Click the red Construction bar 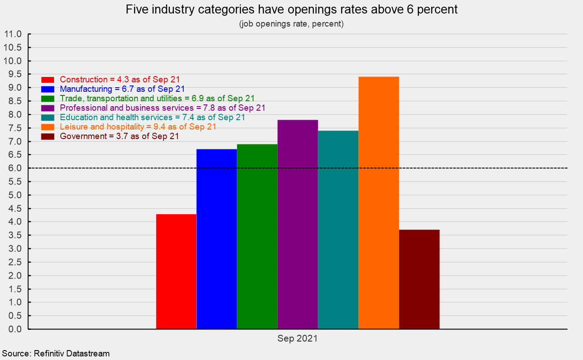click(176, 271)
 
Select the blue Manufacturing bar click(217, 239)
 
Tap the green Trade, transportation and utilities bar click(257, 236)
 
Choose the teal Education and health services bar click(338, 229)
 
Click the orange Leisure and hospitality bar click(379, 202)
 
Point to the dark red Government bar click(419, 279)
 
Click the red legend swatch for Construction click(47, 80)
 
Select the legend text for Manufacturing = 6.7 click(122, 89)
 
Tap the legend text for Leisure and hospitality click(138, 127)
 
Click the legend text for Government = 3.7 click(119, 136)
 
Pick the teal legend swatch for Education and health click(47, 117)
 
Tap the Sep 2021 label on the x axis click(297, 339)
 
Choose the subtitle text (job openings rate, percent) click(291, 24)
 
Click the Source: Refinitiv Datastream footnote click(55, 353)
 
